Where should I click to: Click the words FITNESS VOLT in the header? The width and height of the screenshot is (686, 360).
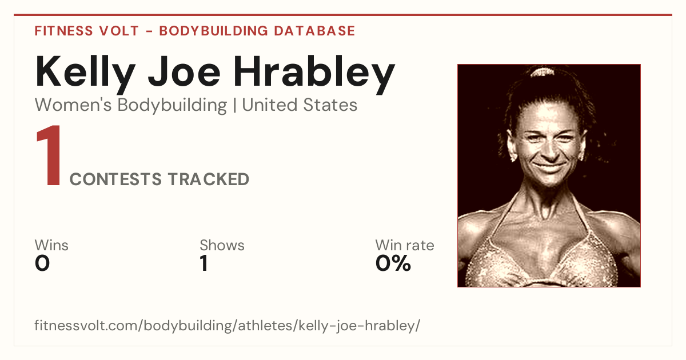87,31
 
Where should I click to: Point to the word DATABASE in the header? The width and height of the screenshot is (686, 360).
314,31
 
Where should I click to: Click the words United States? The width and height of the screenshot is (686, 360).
300,105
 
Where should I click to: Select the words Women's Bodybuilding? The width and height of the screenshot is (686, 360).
131,106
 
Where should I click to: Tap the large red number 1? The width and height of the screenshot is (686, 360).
49,155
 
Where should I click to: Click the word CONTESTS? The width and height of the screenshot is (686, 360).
115,179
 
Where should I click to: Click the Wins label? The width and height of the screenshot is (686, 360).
51,245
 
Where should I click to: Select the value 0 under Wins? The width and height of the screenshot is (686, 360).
42,263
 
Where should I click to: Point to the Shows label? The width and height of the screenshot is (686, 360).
222,245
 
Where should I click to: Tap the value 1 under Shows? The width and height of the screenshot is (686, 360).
204,263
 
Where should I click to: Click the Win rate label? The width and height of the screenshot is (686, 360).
405,245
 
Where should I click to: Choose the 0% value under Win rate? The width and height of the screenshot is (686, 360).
393,263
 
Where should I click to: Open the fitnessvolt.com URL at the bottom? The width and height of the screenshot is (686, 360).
228,325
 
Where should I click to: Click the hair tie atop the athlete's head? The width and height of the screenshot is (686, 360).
543,72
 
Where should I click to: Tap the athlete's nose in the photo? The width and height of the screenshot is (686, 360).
550,150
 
